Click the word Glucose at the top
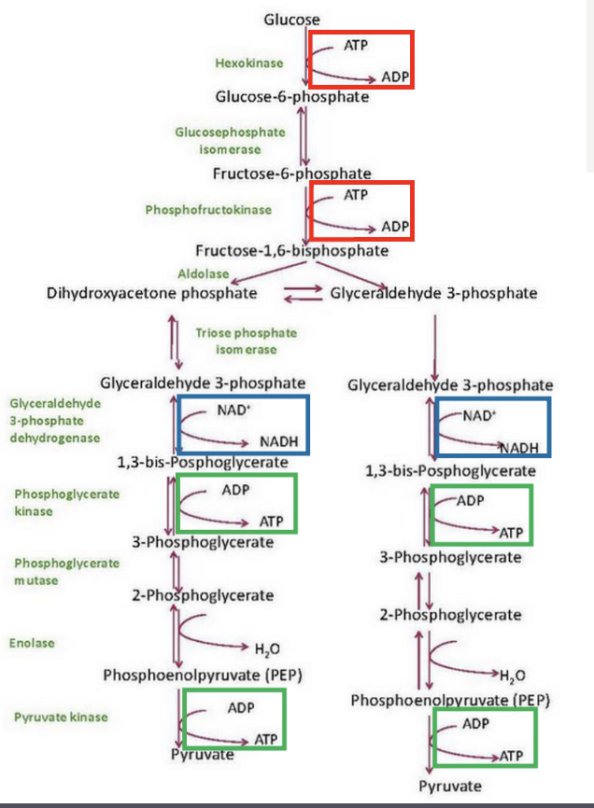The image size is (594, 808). tap(291, 19)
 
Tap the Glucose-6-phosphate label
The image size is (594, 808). tap(291, 96)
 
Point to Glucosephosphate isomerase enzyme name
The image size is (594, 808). tap(218, 140)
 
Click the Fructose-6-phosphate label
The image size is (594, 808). tap(291, 174)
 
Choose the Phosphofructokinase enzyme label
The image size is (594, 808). tap(208, 210)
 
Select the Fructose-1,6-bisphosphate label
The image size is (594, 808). tap(291, 250)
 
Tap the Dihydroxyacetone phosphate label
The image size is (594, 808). tap(151, 293)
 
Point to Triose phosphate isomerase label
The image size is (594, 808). tap(246, 341)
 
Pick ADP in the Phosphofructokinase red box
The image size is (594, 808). tap(395, 227)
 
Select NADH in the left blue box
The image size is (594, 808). tap(278, 440)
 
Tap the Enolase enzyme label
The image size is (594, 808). tap(32, 643)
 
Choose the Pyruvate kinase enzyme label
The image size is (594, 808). tap(61, 717)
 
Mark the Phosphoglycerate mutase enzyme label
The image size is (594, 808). tap(66, 571)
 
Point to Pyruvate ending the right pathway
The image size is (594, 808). tap(450, 786)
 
